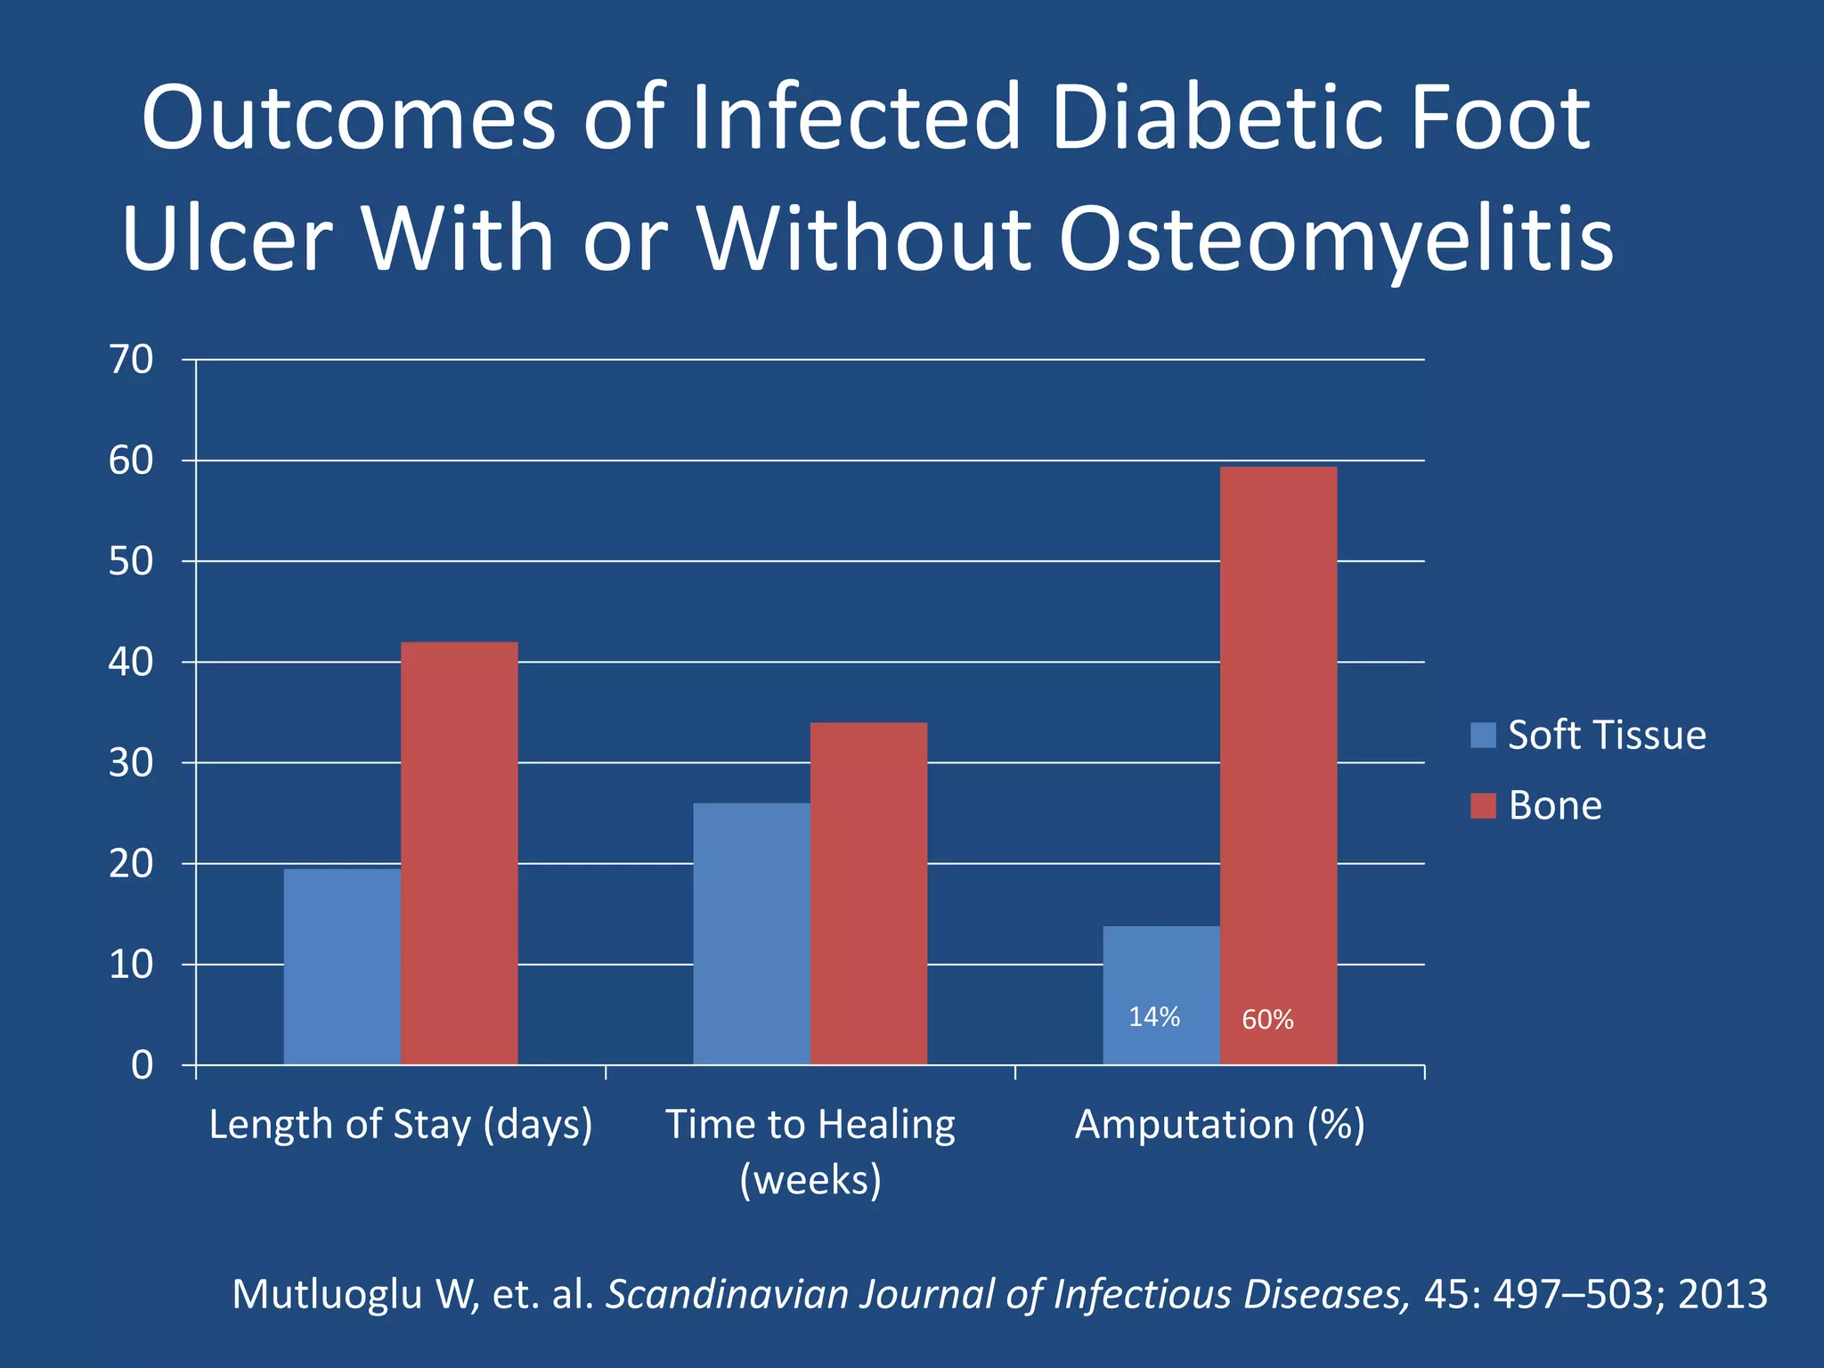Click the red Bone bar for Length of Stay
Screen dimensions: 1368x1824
pos(459,852)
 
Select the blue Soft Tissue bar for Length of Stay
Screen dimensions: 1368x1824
pos(342,965)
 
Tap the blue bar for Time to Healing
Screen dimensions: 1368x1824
pos(751,932)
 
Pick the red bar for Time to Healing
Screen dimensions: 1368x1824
pos(868,892)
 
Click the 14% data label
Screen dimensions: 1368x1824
pos(1154,1017)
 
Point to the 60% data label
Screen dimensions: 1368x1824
pos(1267,1020)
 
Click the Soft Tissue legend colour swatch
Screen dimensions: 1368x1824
pos(1483,736)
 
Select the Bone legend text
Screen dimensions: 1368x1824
pos(1555,806)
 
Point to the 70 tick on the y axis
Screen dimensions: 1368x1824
pos(131,360)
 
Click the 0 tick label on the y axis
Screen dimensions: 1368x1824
pos(142,1065)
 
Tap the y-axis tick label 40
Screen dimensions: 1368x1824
pos(131,663)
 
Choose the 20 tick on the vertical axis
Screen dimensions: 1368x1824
pos(131,864)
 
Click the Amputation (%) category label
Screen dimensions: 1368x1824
pos(1219,1125)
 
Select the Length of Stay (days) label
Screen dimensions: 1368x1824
pos(401,1125)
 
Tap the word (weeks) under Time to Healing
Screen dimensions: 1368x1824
pos(810,1180)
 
